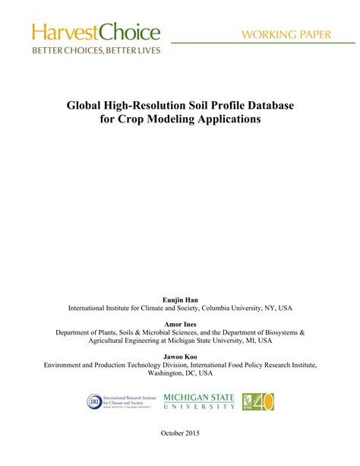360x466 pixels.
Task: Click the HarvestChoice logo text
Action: (x=96, y=32)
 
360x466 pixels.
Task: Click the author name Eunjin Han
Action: (x=180, y=300)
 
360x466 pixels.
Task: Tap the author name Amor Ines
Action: (x=180, y=323)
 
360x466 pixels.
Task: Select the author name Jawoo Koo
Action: (x=180, y=356)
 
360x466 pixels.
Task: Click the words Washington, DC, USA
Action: (x=180, y=373)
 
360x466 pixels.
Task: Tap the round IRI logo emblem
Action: (x=96, y=401)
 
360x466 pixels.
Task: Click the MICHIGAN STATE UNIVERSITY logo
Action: (x=199, y=401)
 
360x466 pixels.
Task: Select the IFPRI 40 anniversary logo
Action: (x=257, y=401)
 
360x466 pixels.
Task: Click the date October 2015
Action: (x=180, y=453)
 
